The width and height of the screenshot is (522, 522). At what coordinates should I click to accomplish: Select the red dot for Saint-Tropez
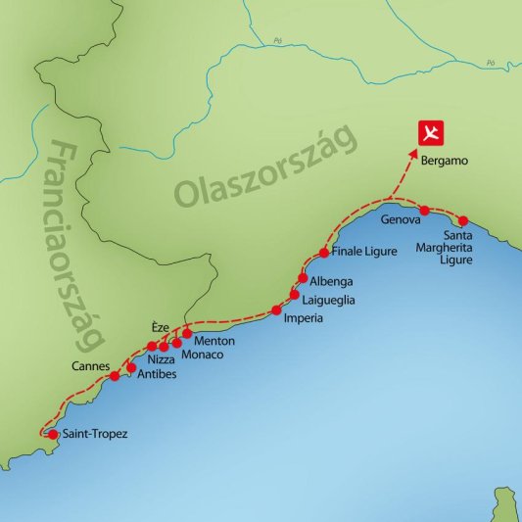coord(39,434)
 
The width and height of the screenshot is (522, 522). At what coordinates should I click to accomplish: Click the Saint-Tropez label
coord(87,434)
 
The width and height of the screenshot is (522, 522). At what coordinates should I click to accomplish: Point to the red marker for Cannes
coord(115,376)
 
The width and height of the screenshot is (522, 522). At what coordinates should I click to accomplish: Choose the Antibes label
coord(157,374)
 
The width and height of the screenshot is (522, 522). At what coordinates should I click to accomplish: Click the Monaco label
coord(203,354)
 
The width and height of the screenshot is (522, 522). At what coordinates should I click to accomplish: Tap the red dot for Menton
coord(187,333)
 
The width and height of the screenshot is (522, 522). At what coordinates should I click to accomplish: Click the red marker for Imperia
coord(275,312)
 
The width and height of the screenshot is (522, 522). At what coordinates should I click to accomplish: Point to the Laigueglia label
coord(329,301)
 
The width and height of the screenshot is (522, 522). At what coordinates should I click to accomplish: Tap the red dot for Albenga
coord(303,278)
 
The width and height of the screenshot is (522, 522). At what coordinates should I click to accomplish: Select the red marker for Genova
coord(424,211)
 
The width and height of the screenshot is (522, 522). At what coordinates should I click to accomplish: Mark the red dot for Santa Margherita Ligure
coord(463,221)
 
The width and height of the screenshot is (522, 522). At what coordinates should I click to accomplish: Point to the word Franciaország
coord(74,245)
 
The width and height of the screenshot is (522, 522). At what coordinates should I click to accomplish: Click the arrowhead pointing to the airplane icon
coord(413,154)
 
